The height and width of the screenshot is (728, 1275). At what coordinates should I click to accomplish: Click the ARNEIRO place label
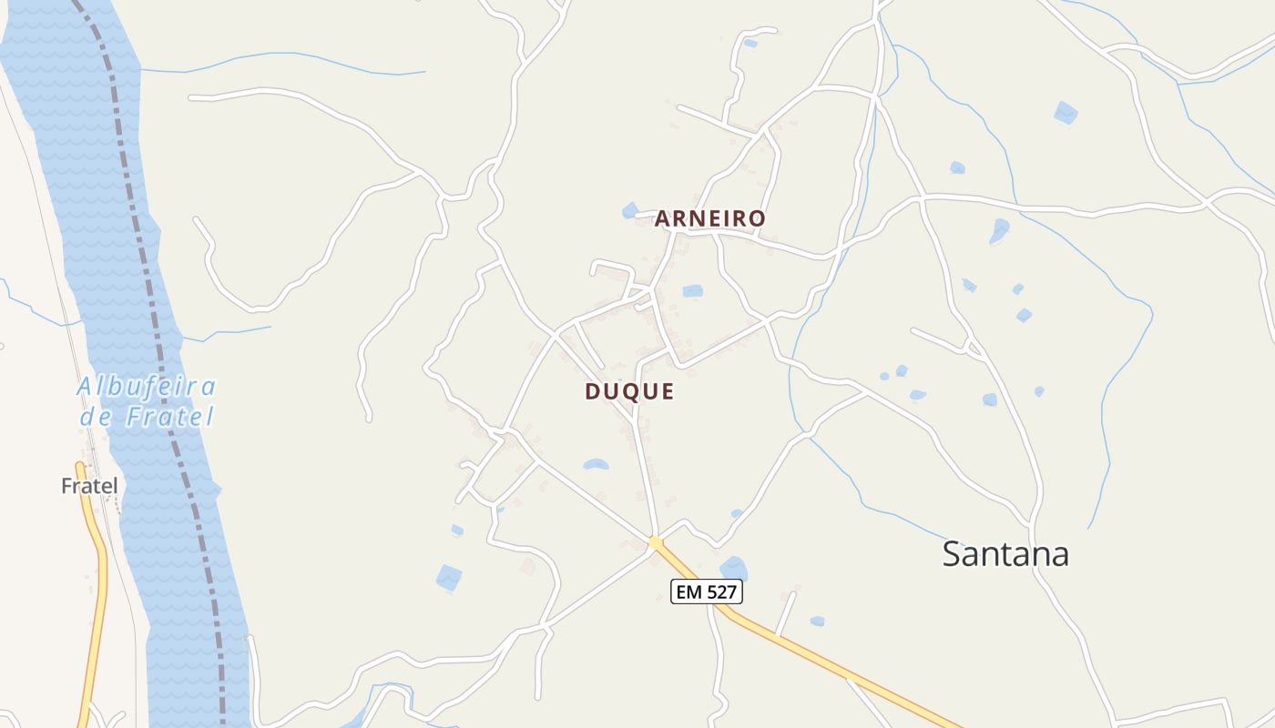710,219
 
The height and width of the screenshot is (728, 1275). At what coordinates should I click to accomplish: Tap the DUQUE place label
629,392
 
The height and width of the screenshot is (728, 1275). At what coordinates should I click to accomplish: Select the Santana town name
1005,554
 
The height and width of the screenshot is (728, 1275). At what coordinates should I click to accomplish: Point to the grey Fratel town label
89,487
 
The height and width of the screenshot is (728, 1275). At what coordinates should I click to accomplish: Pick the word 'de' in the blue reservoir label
95,418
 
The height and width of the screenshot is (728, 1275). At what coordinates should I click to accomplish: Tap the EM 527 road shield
708,592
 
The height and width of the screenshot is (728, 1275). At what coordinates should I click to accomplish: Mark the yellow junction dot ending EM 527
655,543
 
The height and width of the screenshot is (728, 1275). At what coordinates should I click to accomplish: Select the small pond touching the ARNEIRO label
630,211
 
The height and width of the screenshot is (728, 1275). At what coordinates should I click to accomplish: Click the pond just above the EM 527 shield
733,568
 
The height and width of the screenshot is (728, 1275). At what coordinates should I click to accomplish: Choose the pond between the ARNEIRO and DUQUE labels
693,291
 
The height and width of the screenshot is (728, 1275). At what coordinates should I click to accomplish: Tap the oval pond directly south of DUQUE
596,464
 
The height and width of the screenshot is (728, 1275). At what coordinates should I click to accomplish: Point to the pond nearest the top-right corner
1066,113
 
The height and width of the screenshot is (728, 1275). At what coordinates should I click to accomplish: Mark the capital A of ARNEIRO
663,219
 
